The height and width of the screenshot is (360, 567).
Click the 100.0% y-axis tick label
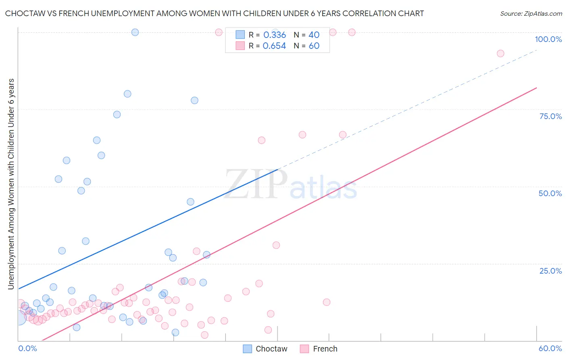(x=548, y=39)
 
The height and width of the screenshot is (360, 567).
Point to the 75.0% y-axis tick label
(x=550, y=116)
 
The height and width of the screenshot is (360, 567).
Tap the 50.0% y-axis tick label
(x=550, y=193)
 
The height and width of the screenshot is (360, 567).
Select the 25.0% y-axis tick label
(x=550, y=271)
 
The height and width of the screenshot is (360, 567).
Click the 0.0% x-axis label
(x=27, y=348)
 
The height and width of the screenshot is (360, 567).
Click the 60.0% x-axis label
(x=550, y=348)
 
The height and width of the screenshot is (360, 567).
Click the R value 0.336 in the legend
(x=274, y=35)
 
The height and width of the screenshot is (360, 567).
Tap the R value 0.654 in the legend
(x=274, y=46)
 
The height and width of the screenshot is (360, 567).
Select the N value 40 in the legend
(x=314, y=35)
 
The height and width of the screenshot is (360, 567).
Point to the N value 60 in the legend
(x=314, y=46)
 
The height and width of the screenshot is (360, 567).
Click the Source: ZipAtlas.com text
(x=531, y=14)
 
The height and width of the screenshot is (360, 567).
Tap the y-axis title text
(x=11, y=184)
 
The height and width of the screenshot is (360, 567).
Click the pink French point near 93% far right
(x=500, y=53)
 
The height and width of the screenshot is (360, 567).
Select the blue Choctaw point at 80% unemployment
(x=127, y=94)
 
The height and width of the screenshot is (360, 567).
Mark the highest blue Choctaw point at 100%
(x=135, y=32)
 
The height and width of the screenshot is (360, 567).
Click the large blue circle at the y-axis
(x=19, y=318)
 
